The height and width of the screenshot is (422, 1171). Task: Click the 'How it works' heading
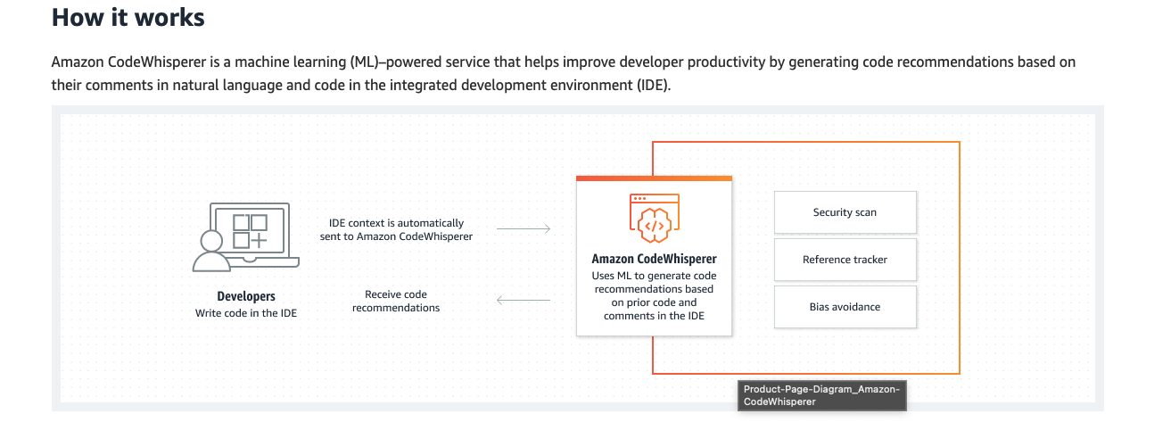point(128,17)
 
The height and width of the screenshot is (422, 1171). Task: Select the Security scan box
point(845,213)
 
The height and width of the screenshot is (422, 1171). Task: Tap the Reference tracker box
point(845,260)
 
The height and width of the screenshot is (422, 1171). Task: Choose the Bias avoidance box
point(845,307)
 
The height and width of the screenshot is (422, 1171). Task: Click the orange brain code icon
point(654,219)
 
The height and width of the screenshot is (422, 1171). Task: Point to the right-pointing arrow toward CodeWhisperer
point(524,229)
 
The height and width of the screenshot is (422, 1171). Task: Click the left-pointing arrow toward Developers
point(524,300)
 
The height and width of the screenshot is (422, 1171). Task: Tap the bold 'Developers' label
point(246,296)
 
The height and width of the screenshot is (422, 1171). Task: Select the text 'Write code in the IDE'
point(246,313)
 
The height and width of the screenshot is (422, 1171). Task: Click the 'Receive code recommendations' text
point(396,301)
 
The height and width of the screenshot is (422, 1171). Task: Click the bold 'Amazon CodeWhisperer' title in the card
point(654,259)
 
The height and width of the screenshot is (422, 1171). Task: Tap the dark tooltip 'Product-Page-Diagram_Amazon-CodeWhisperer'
point(821,395)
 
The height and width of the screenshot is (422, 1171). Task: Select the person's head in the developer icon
point(211,241)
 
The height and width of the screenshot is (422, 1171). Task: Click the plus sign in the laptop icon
point(258,241)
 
